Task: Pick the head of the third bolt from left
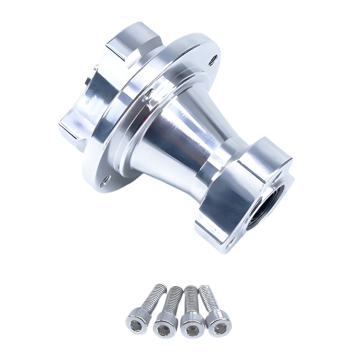pos(192,325)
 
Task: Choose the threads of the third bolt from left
pos(191,298)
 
